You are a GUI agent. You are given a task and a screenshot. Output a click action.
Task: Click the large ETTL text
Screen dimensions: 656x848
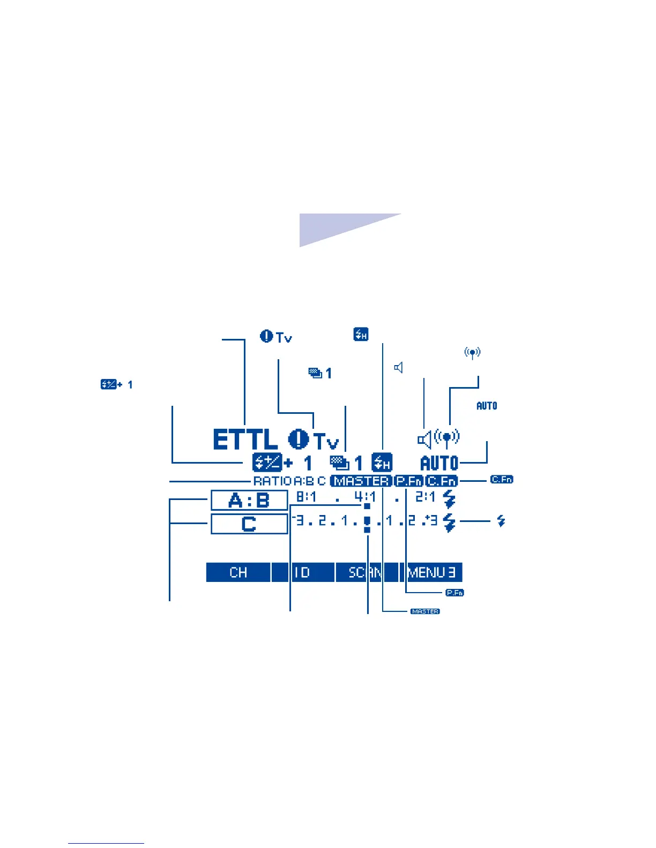click(245, 440)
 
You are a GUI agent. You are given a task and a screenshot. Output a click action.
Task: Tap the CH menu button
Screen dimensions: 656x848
click(238, 572)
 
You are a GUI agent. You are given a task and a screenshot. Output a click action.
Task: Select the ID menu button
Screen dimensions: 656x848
click(303, 572)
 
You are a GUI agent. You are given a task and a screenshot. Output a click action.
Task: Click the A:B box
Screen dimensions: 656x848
click(249, 501)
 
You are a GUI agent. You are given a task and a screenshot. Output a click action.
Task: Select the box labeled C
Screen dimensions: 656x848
click(249, 524)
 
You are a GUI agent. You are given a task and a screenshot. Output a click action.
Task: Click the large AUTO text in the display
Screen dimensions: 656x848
click(439, 463)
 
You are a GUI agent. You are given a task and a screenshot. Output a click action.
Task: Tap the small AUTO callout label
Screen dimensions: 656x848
click(487, 406)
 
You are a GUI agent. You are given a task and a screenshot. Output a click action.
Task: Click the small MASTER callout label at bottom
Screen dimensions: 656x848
click(425, 611)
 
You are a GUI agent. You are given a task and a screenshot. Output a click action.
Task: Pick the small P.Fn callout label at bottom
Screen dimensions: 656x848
click(454, 593)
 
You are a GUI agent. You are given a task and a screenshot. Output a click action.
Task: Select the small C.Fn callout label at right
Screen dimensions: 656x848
click(502, 479)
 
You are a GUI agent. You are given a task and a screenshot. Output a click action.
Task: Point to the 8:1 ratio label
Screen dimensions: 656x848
click(307, 497)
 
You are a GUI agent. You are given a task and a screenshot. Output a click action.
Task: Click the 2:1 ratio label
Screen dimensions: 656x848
click(425, 497)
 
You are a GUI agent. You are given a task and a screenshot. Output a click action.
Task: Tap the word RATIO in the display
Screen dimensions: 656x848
click(272, 481)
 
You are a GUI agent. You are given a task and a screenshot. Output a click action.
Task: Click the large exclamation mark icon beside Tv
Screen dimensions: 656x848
click(299, 440)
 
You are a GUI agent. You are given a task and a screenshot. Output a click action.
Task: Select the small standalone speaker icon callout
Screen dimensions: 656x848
click(398, 367)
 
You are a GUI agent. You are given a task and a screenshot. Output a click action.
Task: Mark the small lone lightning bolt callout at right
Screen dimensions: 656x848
click(501, 520)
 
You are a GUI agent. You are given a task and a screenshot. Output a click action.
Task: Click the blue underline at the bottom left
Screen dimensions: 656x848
click(106, 844)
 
